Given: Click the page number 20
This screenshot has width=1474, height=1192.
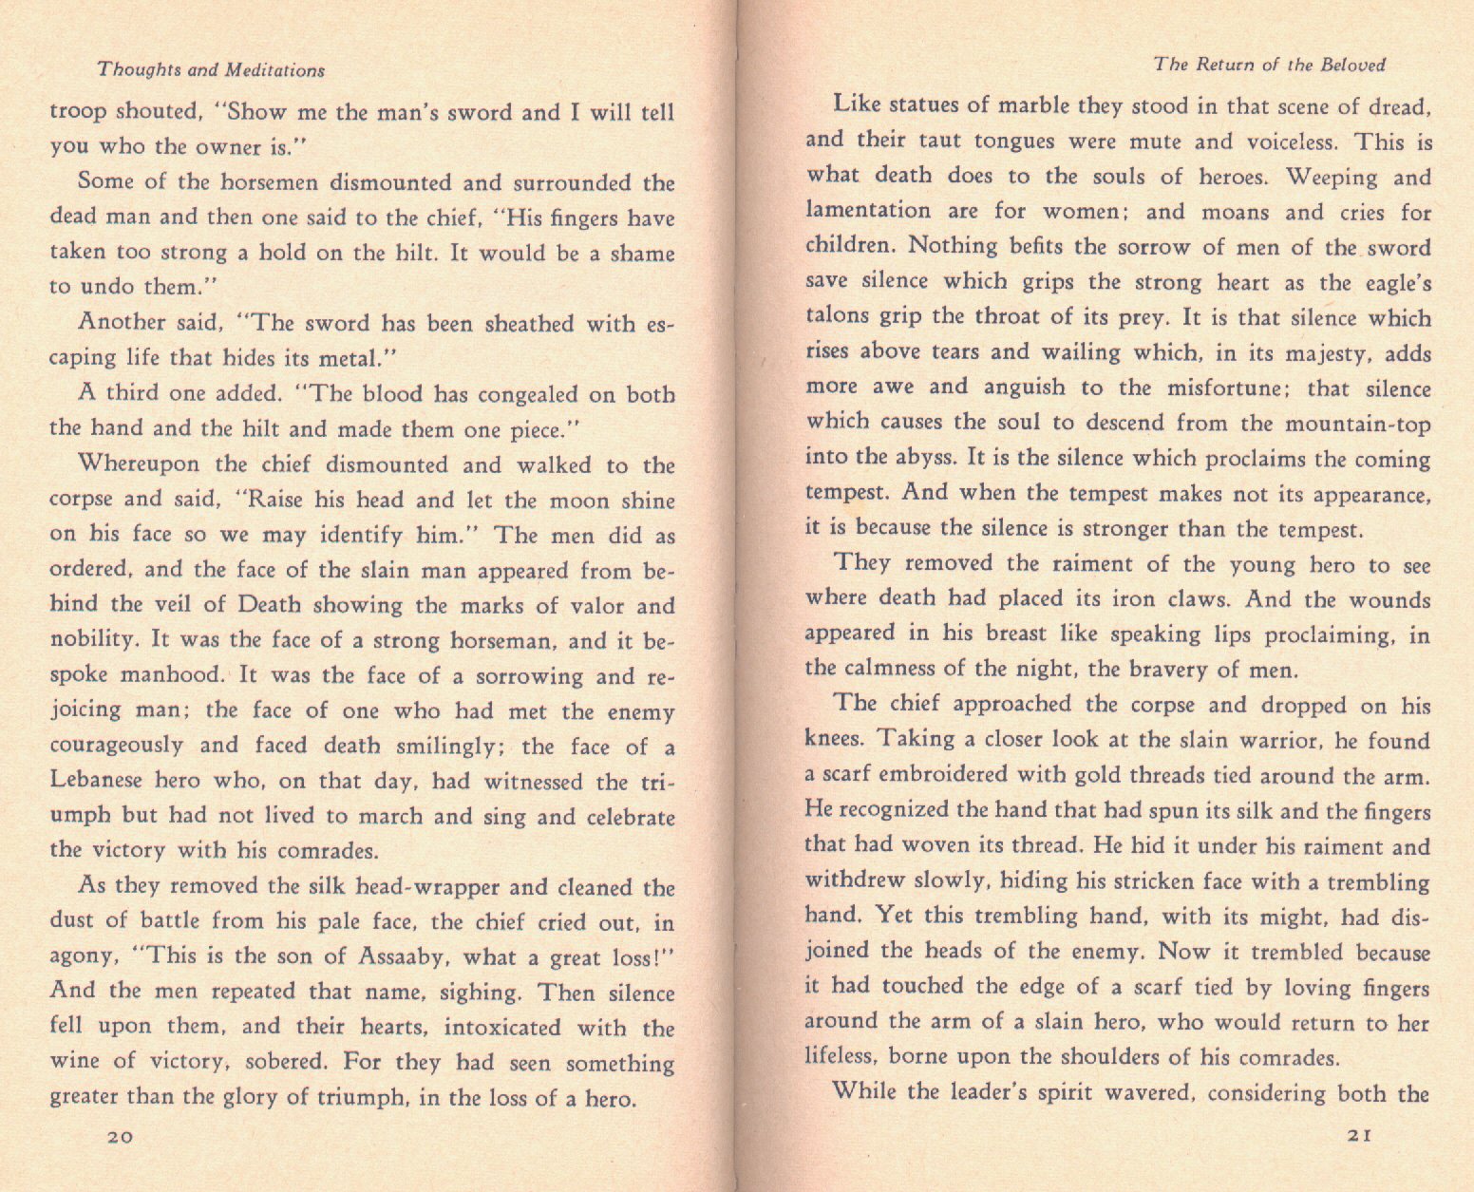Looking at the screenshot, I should click(x=120, y=1138).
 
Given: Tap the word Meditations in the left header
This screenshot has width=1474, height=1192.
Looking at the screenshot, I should click(x=274, y=70).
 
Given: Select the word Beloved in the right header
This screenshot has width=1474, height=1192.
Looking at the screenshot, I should click(x=1351, y=66).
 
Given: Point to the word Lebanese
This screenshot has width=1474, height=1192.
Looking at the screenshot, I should click(x=96, y=781).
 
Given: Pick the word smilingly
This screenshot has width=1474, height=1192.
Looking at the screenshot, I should click(x=449, y=747).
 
